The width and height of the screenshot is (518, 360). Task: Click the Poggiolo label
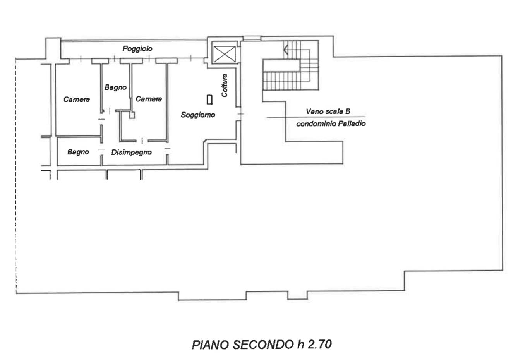point(137,49)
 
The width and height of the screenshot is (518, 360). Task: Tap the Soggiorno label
point(198,115)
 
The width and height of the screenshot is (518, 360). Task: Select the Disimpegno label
point(131,152)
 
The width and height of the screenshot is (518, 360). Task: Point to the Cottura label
point(224,86)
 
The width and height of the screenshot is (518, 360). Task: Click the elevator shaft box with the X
point(224,55)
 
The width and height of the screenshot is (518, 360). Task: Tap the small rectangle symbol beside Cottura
point(210,99)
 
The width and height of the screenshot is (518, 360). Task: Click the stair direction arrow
point(286,50)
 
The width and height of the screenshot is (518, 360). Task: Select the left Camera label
point(77,99)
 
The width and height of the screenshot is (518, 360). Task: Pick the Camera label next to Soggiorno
point(149,99)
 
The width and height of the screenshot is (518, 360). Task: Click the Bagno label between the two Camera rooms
point(116,87)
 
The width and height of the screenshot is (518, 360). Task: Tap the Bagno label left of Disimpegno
point(78,152)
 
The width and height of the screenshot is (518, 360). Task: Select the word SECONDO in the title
point(263,345)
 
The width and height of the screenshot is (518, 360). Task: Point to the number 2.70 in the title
point(320,345)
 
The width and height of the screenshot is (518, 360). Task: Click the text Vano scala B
point(328,111)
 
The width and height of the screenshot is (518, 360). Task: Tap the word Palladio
point(352,124)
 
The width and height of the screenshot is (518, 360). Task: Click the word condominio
point(316,124)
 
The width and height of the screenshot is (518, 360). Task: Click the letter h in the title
point(301,345)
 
